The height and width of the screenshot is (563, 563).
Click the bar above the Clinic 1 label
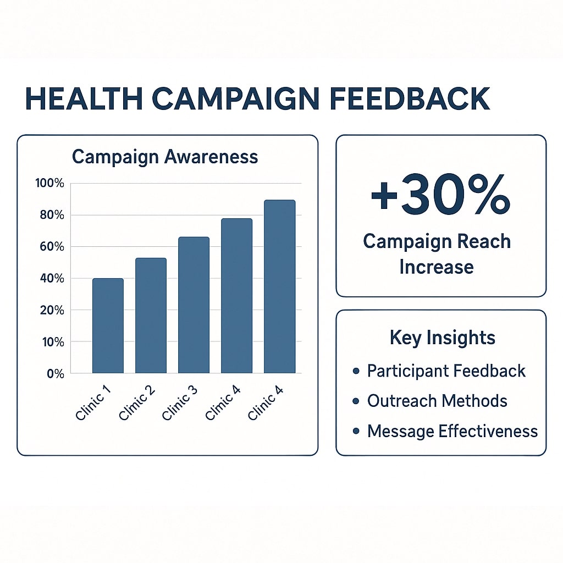pos(108,325)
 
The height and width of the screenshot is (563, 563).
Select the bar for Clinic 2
pos(151,316)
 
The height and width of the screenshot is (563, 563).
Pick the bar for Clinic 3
pos(194,305)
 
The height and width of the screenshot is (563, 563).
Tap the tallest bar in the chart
pos(280,286)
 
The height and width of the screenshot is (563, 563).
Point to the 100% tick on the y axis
pos(49,183)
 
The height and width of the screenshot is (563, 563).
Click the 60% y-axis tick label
pos(52,247)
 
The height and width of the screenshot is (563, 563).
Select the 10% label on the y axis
pos(53,342)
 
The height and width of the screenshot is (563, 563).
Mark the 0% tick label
pos(56,374)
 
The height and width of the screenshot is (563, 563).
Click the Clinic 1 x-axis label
pos(93,403)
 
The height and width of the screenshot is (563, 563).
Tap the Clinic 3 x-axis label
pos(180,403)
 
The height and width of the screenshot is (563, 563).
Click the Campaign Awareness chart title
pos(165,157)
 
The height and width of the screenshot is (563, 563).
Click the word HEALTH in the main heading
pos(84,98)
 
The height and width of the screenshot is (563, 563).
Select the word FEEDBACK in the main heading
pos(410,98)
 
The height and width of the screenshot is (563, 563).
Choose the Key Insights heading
pos(443,338)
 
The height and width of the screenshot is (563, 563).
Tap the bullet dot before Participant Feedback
pos(356,371)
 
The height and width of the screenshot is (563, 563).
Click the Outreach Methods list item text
pos(437,401)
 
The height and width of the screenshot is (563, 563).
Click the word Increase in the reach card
pos(437,267)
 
